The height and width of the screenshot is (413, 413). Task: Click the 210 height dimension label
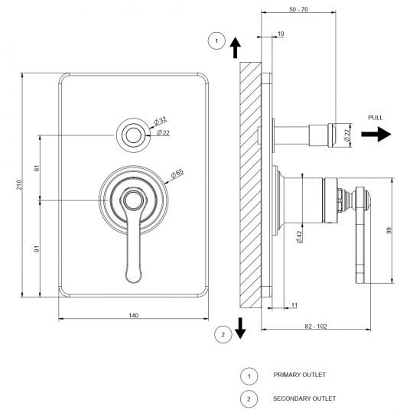[x=18, y=184]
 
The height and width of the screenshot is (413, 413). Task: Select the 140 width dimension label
[x=134, y=315]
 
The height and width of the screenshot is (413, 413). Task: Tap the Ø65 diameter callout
[x=177, y=173]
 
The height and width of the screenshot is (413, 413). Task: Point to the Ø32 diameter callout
[x=160, y=121]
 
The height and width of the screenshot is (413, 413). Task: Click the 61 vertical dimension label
[x=37, y=168]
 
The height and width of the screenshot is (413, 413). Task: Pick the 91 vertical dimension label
[x=37, y=249]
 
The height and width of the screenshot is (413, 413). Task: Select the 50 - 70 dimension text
[x=298, y=9]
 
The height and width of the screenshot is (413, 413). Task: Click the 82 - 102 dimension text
[x=316, y=327]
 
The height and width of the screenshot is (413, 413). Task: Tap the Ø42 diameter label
[x=299, y=237]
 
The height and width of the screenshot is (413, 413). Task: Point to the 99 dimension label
[x=389, y=230]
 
